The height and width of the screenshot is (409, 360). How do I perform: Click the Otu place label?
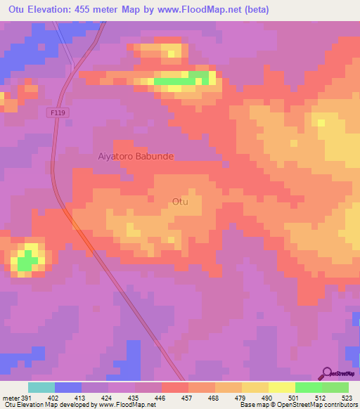180,202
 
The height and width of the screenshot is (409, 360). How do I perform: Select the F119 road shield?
58,112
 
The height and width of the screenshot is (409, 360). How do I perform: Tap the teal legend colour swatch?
41,387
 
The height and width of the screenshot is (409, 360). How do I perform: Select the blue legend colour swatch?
68,387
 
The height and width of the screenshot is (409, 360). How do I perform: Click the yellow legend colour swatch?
282,387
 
